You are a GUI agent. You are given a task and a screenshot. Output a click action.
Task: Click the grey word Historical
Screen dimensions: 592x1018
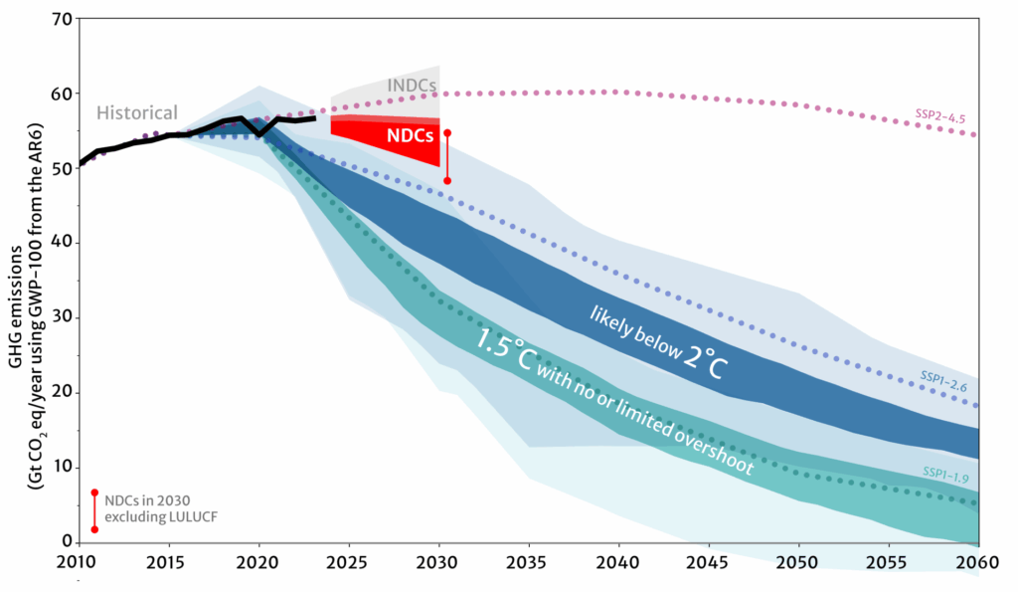[137, 112]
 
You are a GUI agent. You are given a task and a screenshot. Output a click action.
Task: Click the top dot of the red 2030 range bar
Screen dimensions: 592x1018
[447, 132]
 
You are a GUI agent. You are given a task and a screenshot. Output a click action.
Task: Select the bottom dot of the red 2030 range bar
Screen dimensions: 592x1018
[447, 181]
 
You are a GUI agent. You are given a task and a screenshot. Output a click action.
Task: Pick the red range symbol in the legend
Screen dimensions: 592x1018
[94, 510]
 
